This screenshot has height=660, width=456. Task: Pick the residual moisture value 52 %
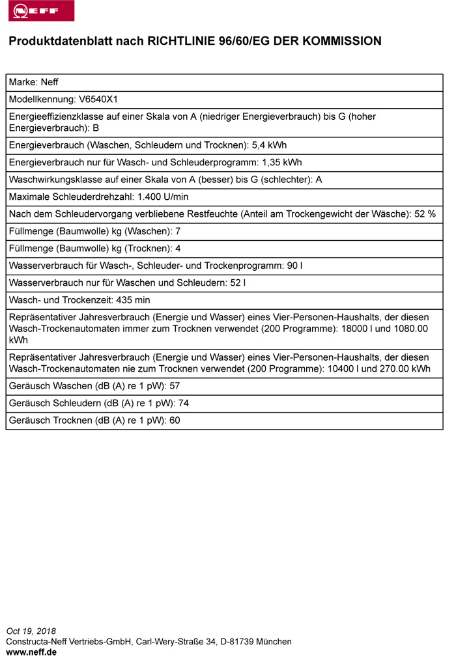(425, 213)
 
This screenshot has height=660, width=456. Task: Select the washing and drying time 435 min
(132, 300)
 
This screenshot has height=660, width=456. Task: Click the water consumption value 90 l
(294, 266)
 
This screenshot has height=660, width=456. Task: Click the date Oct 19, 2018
(31, 631)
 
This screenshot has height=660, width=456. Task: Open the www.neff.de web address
(31, 652)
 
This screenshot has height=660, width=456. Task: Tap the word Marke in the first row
(23, 83)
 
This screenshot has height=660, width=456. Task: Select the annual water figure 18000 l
(360, 329)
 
